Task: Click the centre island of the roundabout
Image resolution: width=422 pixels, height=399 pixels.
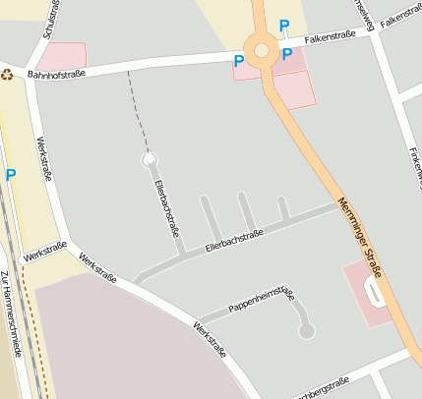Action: tap(262, 51)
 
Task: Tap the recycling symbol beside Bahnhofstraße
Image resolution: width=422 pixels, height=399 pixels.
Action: tap(7, 74)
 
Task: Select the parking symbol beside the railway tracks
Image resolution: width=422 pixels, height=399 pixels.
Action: tap(11, 175)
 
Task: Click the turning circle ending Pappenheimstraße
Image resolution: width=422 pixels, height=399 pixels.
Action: tap(307, 332)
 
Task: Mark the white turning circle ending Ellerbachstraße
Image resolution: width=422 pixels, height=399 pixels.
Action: tap(150, 158)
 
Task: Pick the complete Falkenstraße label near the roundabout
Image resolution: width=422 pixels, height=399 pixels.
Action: tap(330, 37)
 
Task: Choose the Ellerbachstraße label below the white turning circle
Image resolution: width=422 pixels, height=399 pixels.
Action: tap(166, 208)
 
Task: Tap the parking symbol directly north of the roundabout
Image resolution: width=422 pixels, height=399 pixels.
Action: tap(285, 27)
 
